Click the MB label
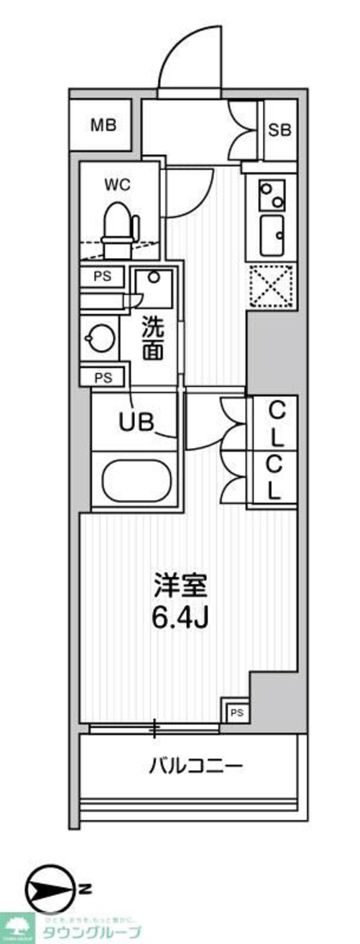(103, 125)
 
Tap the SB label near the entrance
(280, 130)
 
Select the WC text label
(117, 185)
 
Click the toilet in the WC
(119, 229)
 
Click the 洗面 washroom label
(152, 340)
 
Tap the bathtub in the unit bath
(137, 481)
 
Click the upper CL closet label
(275, 424)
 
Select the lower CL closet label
(274, 476)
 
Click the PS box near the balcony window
(236, 712)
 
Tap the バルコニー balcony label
(196, 766)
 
